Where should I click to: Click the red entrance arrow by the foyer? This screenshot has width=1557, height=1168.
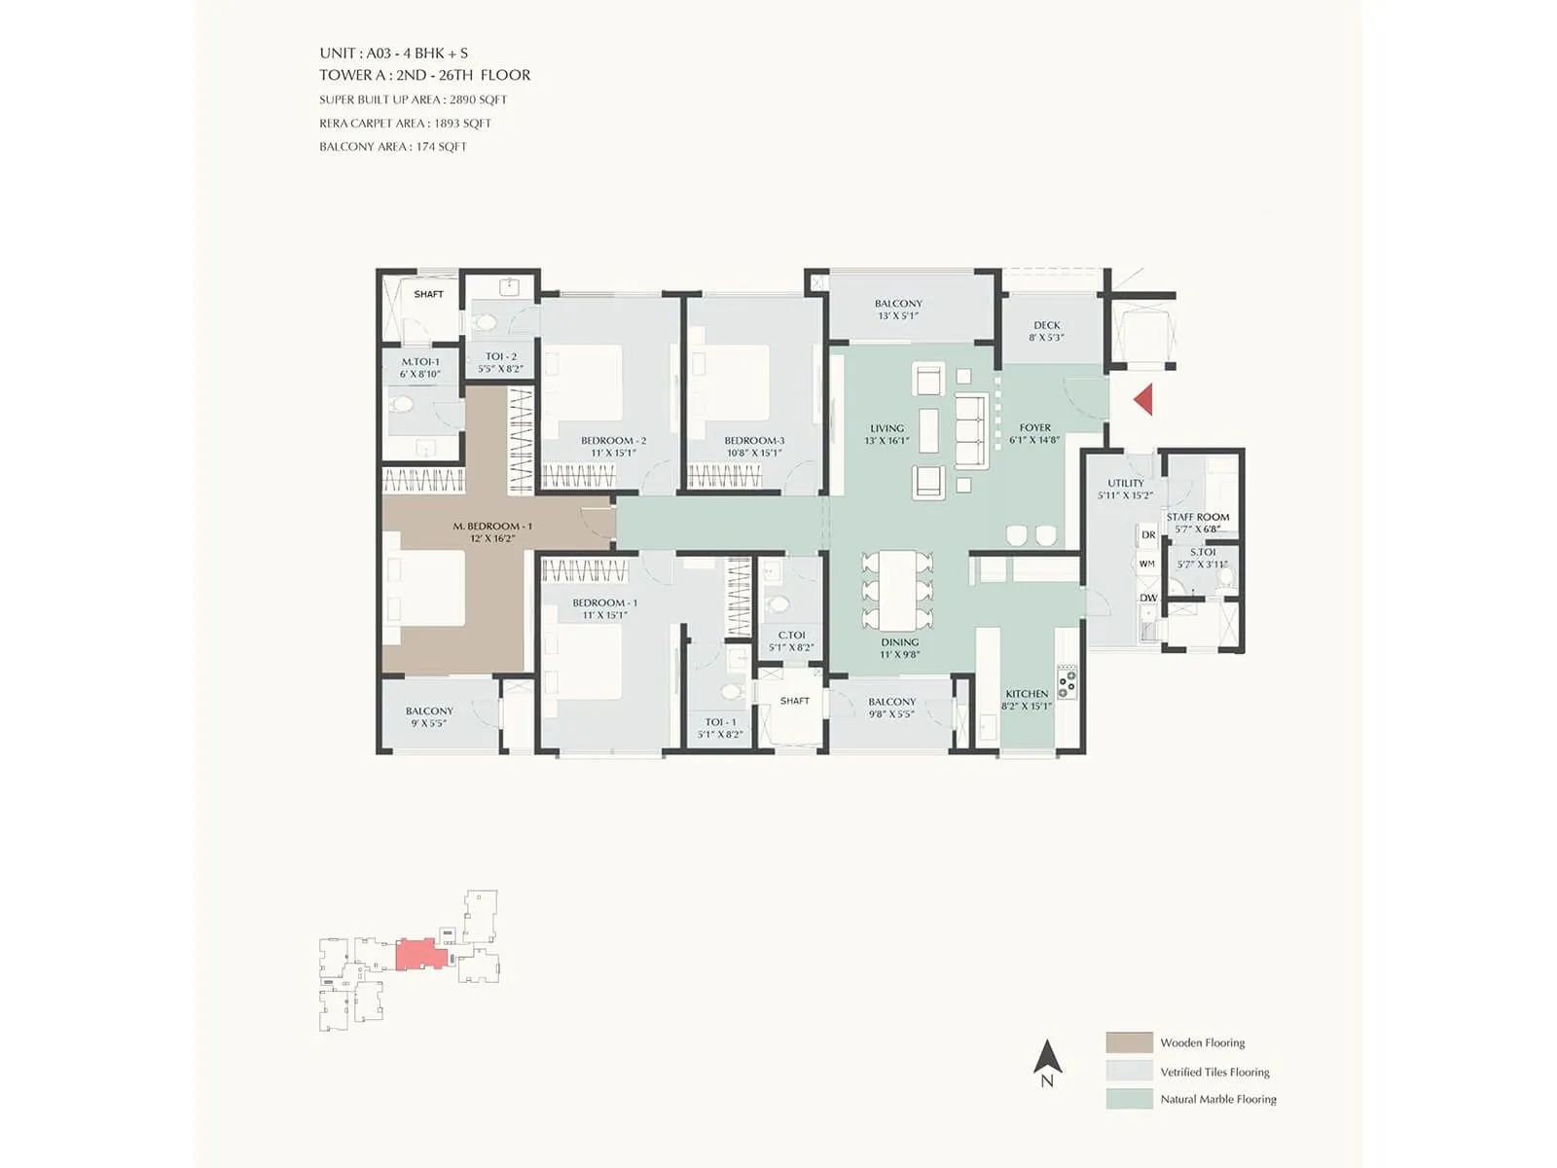click(1144, 399)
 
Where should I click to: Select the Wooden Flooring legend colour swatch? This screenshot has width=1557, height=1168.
click(1129, 1042)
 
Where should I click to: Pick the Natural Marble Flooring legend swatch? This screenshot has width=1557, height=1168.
click(1129, 1099)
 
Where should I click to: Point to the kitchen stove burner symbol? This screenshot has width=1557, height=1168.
click(1068, 681)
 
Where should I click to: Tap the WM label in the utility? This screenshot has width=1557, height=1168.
click(1147, 564)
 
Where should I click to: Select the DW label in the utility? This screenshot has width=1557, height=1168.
click(1148, 598)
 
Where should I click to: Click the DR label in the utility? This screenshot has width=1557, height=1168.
click(1148, 534)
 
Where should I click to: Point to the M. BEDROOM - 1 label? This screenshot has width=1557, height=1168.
click(492, 526)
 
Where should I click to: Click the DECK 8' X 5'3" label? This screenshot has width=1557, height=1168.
click(1047, 331)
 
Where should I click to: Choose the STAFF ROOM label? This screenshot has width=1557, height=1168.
click(1198, 517)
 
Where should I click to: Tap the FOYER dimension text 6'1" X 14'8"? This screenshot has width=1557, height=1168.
click(1034, 440)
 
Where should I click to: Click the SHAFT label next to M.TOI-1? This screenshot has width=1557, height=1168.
click(428, 294)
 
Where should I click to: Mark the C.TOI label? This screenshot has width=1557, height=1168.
click(791, 635)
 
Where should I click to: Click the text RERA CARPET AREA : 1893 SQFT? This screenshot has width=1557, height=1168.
click(405, 124)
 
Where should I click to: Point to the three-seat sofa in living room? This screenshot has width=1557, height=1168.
click(971, 431)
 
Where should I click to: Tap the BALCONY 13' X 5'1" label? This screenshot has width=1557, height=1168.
click(898, 310)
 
